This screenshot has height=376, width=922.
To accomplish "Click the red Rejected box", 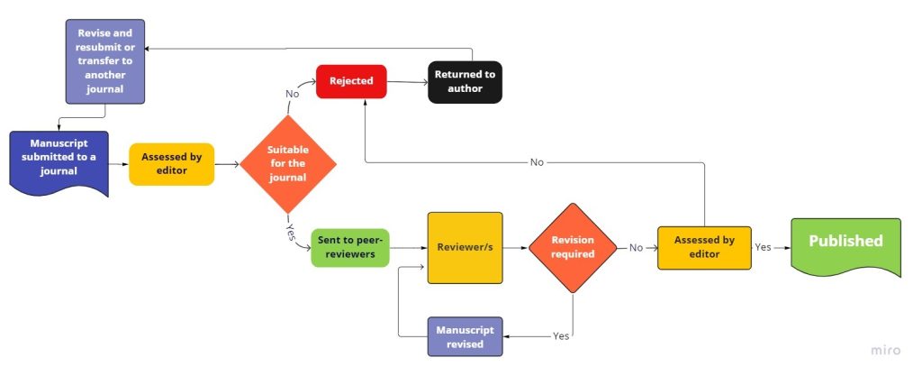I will [350, 81].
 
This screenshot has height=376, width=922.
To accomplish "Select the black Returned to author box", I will [465, 82].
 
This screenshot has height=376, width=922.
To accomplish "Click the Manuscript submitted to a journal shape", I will [59, 161].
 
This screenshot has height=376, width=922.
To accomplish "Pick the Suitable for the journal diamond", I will [288, 164].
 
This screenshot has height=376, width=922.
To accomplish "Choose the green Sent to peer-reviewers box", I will [350, 248].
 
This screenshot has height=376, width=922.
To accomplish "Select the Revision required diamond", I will [573, 247].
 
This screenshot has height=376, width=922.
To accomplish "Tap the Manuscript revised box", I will [465, 337].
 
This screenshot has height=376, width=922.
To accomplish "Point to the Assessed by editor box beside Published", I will [704, 247].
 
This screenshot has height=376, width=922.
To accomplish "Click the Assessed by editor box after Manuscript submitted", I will [171, 163].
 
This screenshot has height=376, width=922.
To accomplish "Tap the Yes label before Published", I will [763, 246].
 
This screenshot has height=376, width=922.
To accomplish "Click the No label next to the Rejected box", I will [293, 94].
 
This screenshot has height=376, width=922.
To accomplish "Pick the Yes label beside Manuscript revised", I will [561, 335].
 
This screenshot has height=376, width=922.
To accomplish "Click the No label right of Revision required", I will [637, 247].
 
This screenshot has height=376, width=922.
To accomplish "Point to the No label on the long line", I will [537, 162].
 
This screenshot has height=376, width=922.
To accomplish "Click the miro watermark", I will [886, 350].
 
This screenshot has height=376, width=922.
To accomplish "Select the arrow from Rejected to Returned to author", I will [406, 82].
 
